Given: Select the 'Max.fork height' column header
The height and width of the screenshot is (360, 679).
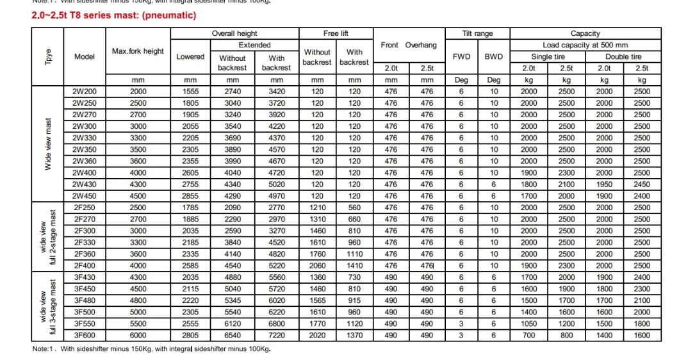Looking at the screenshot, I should [x=138, y=51].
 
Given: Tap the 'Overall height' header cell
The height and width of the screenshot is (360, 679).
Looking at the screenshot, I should [x=234, y=33].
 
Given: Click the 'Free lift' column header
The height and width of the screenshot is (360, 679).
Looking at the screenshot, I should [x=336, y=33].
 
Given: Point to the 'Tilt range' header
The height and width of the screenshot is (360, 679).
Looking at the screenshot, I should [x=477, y=33].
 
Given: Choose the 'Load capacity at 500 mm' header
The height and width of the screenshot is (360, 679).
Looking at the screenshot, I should [x=585, y=45].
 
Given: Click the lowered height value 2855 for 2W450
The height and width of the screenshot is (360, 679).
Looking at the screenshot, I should [x=190, y=196].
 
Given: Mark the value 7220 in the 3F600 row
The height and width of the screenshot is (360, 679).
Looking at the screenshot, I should [x=276, y=335].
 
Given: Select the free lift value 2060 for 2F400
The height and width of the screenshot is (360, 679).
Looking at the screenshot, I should [x=317, y=265].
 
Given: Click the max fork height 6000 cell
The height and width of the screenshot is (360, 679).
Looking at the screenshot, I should [x=138, y=335].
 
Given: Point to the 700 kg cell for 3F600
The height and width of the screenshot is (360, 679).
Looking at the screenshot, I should [x=528, y=335].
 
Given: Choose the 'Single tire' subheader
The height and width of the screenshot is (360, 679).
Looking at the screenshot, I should [x=547, y=56].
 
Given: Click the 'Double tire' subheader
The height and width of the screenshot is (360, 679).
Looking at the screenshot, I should [x=623, y=56].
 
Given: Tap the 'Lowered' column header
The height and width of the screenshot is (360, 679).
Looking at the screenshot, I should [x=190, y=56].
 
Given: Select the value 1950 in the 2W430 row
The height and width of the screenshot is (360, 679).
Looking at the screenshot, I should [x=604, y=184].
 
